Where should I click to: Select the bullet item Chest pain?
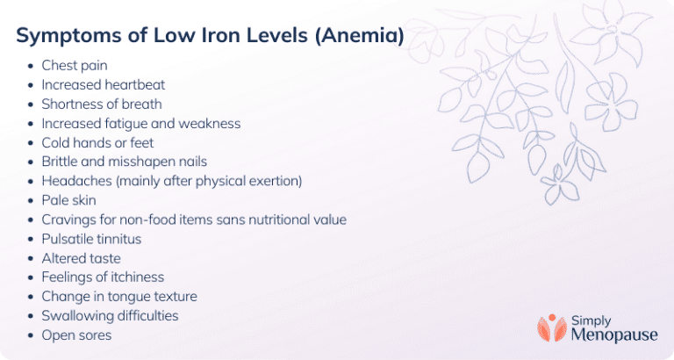point(74,65)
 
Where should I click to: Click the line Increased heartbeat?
point(103,84)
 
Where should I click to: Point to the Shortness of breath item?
point(101,104)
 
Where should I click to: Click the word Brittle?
point(61,162)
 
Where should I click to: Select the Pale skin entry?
point(68,200)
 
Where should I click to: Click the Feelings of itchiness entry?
point(103,277)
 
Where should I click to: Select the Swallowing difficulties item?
point(110,315)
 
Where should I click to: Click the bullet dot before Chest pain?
point(32,66)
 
